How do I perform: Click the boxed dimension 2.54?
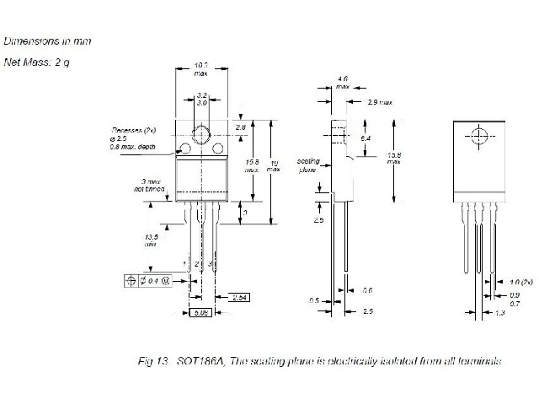click(238, 297)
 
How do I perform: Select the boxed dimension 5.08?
click(200, 312)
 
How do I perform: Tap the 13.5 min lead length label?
click(151, 240)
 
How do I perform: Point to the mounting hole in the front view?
click(201, 133)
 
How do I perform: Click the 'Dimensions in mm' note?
click(47, 40)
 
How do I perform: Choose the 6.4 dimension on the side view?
click(366, 137)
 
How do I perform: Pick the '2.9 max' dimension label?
click(381, 102)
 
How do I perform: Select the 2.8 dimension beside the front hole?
click(241, 127)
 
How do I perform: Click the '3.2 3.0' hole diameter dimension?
click(201, 98)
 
